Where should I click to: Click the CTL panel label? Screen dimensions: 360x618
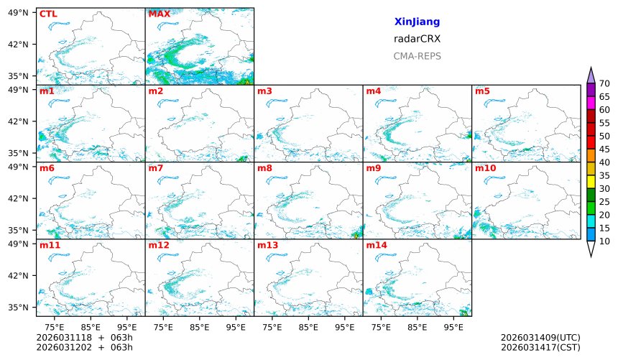(x=48, y=14)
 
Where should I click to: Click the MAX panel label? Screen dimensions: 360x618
(x=159, y=14)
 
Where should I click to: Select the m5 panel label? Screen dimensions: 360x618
(x=482, y=91)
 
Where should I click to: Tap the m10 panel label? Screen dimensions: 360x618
(x=485, y=168)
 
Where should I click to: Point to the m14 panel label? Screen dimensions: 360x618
(x=376, y=245)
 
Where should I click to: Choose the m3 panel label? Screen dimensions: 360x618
(x=264, y=91)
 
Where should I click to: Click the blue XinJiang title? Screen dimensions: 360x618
(x=417, y=22)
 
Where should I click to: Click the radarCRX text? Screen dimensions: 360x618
(x=417, y=39)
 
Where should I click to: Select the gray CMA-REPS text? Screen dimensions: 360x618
(x=417, y=55)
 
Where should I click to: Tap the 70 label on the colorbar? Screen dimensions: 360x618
(x=604, y=84)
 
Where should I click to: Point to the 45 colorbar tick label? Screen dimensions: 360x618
(x=604, y=149)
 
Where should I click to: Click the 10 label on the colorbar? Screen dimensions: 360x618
(x=604, y=241)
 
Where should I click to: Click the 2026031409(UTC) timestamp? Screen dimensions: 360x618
(x=540, y=337)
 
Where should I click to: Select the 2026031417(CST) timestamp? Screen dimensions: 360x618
(x=540, y=347)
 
